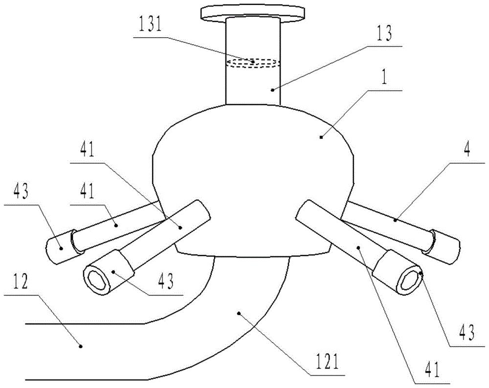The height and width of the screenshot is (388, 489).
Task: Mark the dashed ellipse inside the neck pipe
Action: (x=253, y=63)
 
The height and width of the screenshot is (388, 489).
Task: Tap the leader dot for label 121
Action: (x=239, y=313)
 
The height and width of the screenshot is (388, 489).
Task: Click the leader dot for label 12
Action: (x=81, y=345)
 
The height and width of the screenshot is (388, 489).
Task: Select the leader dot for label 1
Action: (x=322, y=136)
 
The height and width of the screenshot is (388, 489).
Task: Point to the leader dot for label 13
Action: (x=272, y=90)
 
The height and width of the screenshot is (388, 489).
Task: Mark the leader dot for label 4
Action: (x=395, y=220)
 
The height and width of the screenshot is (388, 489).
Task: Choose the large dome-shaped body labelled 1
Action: (x=253, y=181)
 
